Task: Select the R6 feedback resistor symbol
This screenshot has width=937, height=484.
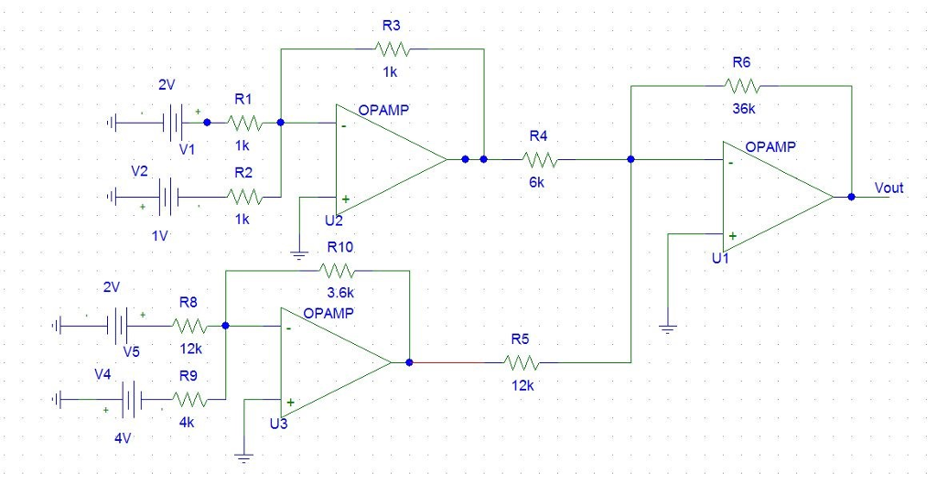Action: tap(741, 85)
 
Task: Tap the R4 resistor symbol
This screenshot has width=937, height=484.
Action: tap(539, 159)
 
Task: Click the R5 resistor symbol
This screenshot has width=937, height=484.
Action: tap(521, 362)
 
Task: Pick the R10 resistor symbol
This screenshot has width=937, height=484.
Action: tap(339, 270)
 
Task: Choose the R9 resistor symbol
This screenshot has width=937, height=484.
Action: tap(189, 399)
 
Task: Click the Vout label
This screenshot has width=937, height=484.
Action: tap(889, 188)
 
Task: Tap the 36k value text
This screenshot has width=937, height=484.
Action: tap(744, 108)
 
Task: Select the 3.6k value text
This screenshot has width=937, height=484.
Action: tap(340, 293)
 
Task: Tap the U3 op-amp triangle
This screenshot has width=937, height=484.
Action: tap(335, 362)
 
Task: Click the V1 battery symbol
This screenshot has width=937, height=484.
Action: tap(173, 121)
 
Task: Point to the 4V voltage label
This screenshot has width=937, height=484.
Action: tap(123, 437)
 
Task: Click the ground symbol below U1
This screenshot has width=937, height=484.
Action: tap(668, 327)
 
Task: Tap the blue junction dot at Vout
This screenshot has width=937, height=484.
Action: tap(851, 197)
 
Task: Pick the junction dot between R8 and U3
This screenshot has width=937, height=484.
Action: tap(226, 325)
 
